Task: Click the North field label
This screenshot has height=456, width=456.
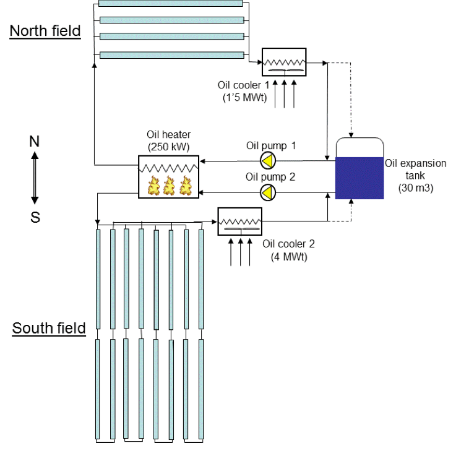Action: coord(45,30)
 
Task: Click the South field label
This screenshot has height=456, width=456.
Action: coord(49,327)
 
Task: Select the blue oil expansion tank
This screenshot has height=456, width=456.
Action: coord(359,178)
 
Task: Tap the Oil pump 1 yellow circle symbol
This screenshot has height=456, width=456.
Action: coord(267,161)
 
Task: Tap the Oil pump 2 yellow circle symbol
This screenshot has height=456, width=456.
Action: coord(267,192)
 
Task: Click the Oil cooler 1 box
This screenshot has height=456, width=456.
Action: coord(284,62)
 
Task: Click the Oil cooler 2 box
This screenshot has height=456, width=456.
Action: coord(240,221)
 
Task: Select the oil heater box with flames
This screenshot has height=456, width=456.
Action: coord(168,176)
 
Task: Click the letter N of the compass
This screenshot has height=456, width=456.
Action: coord(35,142)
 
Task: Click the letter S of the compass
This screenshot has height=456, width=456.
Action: coord(35,217)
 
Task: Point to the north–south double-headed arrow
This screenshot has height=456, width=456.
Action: coord(35,179)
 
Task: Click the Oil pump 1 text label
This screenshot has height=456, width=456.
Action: coord(271,146)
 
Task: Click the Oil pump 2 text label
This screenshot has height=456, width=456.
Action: coord(270,177)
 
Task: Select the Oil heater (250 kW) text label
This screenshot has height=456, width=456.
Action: coord(168,140)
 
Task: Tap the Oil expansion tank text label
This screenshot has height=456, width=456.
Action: coord(415,176)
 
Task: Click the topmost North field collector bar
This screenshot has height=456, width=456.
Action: coord(171,3)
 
